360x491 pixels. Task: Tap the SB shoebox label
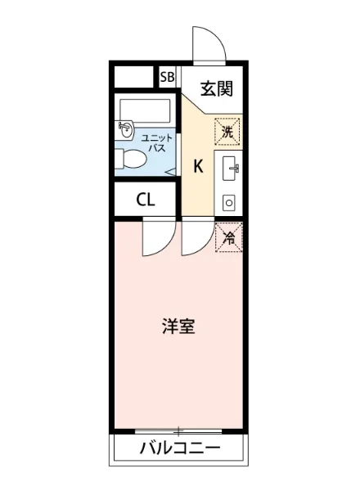coord(168,78)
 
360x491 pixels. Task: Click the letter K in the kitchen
coord(198,167)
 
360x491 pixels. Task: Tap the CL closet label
coord(146,200)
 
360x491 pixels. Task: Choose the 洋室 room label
coord(178,327)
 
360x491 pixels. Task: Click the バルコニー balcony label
coord(179,448)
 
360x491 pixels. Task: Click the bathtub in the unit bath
coord(143,110)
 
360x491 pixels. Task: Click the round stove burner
coord(229,200)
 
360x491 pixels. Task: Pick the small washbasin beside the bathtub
coord(125,128)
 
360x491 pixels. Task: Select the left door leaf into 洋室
coord(153,238)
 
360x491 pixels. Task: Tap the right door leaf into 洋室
coord(194,236)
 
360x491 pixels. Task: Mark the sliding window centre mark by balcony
coord(178,430)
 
